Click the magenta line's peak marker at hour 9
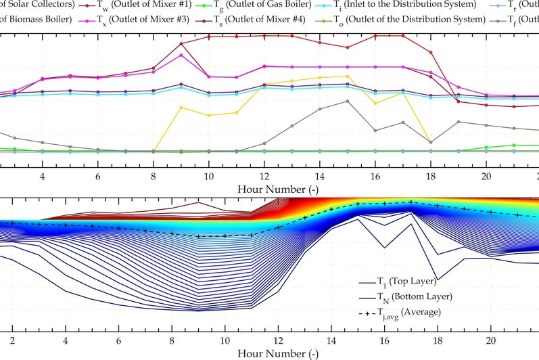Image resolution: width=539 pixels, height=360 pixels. click(x=181, y=55)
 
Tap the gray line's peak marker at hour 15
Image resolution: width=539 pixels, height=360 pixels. click(x=347, y=101)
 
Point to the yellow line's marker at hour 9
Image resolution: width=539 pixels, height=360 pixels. click(x=181, y=107)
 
